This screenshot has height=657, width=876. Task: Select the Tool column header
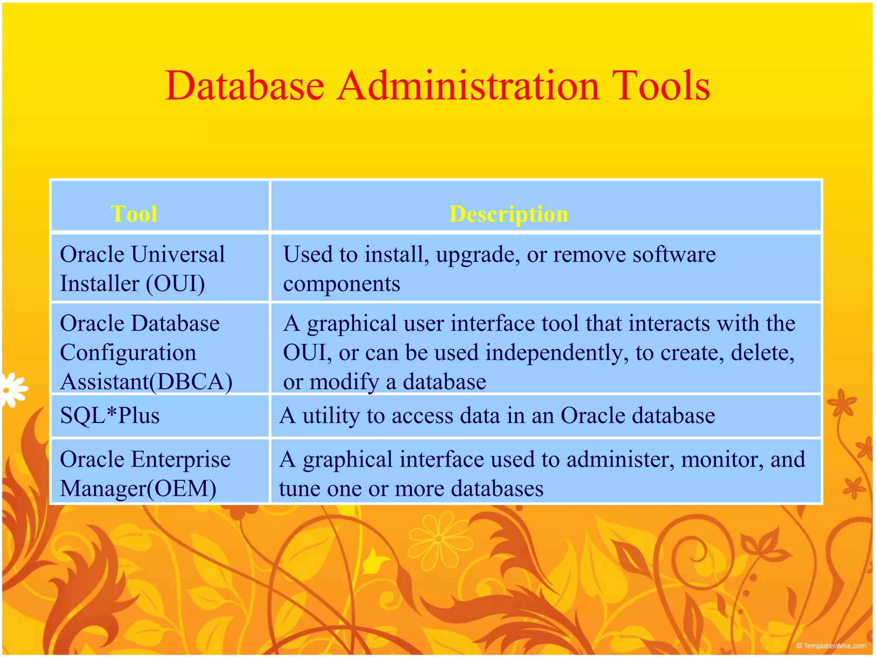click(x=134, y=214)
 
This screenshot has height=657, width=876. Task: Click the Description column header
click(x=509, y=214)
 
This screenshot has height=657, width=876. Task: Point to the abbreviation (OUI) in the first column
click(x=175, y=284)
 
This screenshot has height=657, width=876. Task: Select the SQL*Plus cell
click(x=110, y=416)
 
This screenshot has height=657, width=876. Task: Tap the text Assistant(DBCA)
click(x=146, y=382)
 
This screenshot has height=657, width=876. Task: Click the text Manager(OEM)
click(x=138, y=488)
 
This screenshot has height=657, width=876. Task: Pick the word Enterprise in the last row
click(x=181, y=459)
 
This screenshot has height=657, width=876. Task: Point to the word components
click(x=341, y=284)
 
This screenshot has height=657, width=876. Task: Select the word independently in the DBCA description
click(x=557, y=353)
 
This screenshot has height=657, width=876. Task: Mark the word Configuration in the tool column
click(x=128, y=353)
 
